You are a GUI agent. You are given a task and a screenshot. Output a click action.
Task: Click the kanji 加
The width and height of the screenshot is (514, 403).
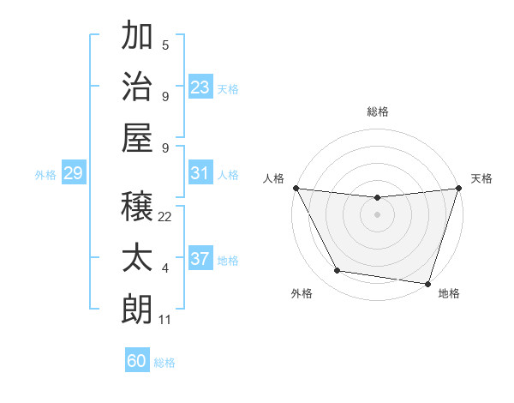(x=138, y=36)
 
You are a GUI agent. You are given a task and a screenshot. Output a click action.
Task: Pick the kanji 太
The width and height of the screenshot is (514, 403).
(x=138, y=258)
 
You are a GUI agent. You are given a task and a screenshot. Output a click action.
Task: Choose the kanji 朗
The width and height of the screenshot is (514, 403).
(x=138, y=308)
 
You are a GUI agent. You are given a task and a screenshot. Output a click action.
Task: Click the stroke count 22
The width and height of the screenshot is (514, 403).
(x=165, y=217)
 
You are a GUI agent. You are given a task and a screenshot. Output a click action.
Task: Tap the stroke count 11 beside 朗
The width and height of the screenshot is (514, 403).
(x=165, y=320)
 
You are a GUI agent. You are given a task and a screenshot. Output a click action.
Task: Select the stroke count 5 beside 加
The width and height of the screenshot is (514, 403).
(x=165, y=45)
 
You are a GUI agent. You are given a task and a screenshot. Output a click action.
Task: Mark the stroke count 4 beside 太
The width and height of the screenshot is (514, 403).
(x=165, y=268)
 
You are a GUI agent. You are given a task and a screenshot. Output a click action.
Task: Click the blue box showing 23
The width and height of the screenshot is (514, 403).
(x=200, y=87)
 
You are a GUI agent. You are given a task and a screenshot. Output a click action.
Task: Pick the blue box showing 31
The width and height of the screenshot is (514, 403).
(x=200, y=173)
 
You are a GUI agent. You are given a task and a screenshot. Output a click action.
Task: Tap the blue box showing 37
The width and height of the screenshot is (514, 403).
(x=200, y=259)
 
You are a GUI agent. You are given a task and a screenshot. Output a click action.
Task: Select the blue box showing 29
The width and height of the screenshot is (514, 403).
(x=73, y=173)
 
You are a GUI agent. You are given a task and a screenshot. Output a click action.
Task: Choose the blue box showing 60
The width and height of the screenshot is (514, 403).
(x=137, y=361)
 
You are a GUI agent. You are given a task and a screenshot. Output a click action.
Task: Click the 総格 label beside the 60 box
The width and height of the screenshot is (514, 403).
(x=164, y=363)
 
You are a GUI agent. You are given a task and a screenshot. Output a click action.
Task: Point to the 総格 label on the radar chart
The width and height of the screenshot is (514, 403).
(x=377, y=111)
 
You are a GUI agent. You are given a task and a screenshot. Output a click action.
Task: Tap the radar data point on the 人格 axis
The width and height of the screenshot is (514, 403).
(x=296, y=188)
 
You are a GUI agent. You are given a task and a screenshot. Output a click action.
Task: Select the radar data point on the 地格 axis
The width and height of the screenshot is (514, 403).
(x=427, y=283)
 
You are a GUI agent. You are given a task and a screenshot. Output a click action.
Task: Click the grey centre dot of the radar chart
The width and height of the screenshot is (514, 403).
(x=377, y=214)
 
